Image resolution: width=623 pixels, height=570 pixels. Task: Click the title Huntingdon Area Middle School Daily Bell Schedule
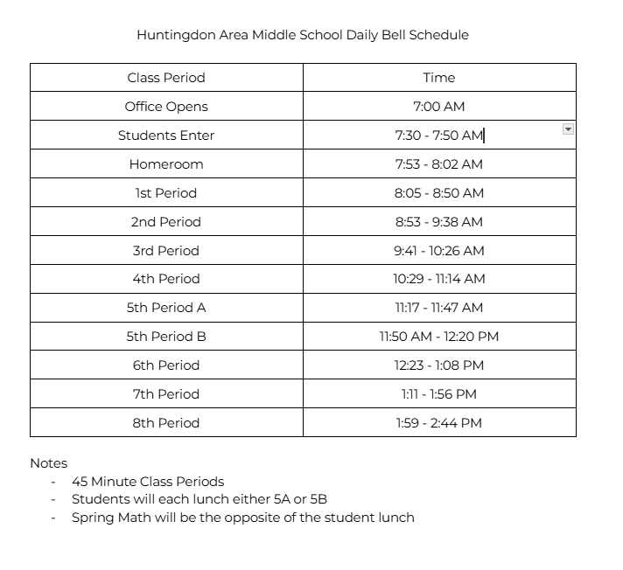click(302, 35)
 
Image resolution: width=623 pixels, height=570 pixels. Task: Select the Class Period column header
click(166, 78)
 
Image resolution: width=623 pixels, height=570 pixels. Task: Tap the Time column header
click(438, 78)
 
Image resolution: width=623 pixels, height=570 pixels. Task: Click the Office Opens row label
click(166, 107)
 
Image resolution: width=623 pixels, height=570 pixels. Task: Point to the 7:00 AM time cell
click(438, 107)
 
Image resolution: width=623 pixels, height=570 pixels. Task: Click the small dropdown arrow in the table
click(568, 129)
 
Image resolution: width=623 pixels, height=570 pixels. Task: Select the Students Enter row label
click(166, 136)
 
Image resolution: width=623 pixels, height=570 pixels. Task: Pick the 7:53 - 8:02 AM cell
click(438, 164)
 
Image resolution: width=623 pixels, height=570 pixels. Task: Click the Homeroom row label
click(166, 164)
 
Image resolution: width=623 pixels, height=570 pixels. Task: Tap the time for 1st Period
click(438, 193)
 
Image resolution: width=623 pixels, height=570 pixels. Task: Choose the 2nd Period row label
click(166, 222)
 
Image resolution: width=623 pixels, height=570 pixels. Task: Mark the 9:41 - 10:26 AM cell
click(438, 251)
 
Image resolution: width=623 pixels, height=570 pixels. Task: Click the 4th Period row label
click(166, 279)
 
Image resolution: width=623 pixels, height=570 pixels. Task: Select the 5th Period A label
click(166, 308)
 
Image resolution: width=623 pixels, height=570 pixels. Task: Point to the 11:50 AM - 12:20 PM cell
click(438, 337)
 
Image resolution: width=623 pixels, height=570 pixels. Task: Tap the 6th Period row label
click(166, 365)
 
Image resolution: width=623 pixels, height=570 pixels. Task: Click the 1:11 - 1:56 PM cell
click(438, 394)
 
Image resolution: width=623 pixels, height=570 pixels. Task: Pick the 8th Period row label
click(166, 423)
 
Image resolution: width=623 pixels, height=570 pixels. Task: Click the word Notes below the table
click(48, 463)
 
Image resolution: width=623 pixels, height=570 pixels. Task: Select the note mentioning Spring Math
click(242, 517)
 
